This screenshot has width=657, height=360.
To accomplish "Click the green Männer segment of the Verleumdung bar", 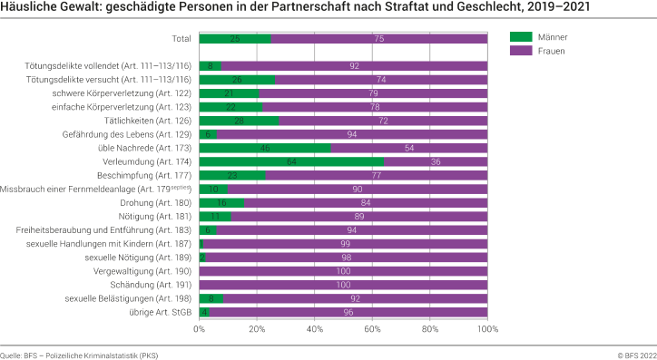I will (291, 161).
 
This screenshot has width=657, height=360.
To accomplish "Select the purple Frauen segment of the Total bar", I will (379, 39).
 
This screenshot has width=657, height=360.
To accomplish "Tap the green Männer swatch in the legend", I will (521, 37).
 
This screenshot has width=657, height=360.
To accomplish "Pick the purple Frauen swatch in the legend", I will (521, 51).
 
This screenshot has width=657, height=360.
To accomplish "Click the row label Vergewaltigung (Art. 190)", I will (143, 270).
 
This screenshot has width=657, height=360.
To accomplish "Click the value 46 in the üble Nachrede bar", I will (265, 148).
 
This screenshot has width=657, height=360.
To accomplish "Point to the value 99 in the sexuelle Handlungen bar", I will (345, 243).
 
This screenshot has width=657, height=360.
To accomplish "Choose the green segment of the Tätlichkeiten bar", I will (240, 121).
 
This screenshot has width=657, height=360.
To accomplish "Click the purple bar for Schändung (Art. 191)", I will (343, 284).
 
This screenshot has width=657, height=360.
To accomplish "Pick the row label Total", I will (181, 39).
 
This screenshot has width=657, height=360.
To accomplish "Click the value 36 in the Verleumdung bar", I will (436, 161).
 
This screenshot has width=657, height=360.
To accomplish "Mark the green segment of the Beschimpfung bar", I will (232, 175).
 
